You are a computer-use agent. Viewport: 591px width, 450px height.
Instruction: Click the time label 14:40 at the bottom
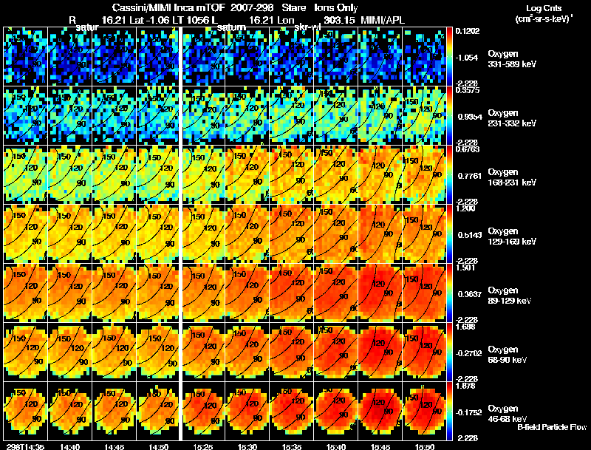coord(70,446)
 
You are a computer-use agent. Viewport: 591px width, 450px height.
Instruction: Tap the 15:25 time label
coord(204,446)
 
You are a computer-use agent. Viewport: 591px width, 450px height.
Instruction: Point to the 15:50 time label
coord(425,446)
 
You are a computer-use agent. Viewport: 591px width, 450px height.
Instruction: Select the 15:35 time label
coord(293,446)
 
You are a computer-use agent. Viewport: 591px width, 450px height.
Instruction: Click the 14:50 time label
coord(159,446)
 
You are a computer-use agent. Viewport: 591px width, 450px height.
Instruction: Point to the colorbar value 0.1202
coord(467,31)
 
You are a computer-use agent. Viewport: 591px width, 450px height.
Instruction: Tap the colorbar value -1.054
coord(468,58)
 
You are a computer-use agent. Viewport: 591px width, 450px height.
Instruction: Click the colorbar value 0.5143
coord(468,234)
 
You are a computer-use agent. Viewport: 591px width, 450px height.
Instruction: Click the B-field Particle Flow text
coord(551,427)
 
